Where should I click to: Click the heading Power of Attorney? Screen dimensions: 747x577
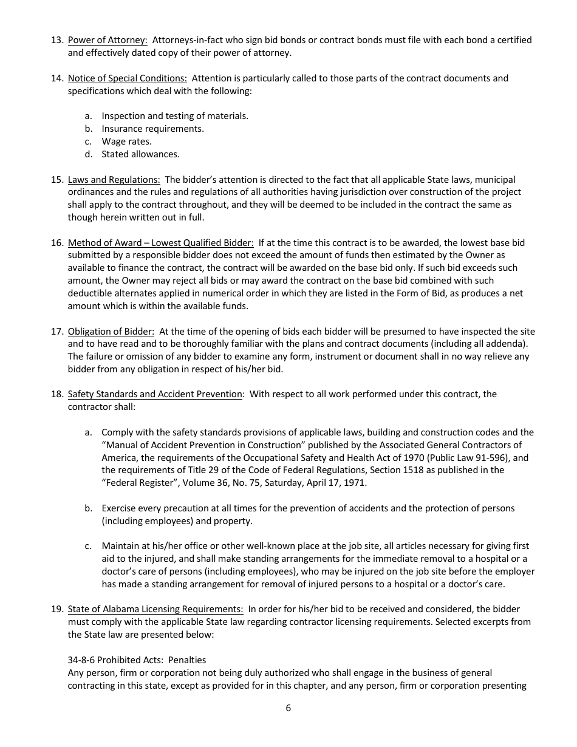click(x=108, y=40)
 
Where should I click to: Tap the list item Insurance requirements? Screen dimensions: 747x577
click(x=152, y=129)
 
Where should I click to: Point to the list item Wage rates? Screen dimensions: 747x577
click(x=126, y=142)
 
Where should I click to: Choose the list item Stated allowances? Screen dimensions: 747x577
click(x=140, y=154)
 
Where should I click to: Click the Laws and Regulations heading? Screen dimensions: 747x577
click(x=114, y=180)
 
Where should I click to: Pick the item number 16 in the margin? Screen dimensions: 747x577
click(x=57, y=243)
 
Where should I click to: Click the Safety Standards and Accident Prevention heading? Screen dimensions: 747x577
click(x=155, y=394)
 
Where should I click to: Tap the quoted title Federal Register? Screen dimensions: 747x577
click(x=137, y=483)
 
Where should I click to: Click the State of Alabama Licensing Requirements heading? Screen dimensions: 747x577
click(x=155, y=609)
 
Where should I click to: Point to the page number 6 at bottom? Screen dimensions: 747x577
click(x=288, y=708)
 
